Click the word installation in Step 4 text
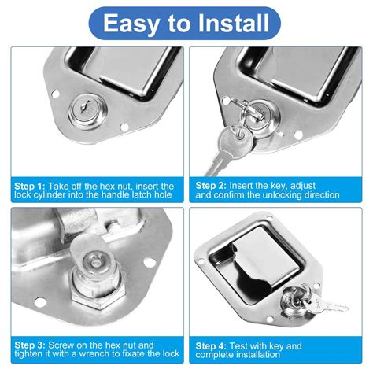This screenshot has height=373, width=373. point(260,355)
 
